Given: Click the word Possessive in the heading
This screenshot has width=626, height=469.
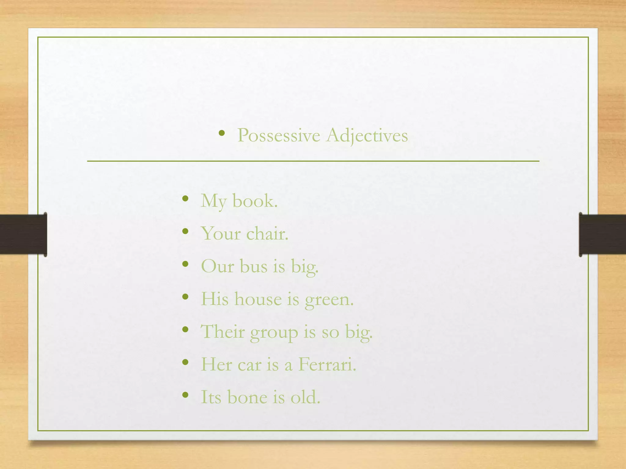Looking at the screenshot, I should pyautogui.click(x=278, y=135).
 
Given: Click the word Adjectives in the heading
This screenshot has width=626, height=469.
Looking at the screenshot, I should pyautogui.click(x=367, y=135).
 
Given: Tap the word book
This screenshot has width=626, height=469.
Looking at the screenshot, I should pyautogui.click(x=255, y=201).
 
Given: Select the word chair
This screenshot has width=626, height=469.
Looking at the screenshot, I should pyautogui.click(x=267, y=234).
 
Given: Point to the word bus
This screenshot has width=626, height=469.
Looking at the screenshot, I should pyautogui.click(x=253, y=266).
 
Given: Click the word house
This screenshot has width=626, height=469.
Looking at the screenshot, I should pyautogui.click(x=258, y=299).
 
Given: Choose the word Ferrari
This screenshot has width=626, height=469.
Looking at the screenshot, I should pyautogui.click(x=327, y=364).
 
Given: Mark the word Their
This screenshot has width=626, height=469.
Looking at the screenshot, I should pyautogui.click(x=223, y=332).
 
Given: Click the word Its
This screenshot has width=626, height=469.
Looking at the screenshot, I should pyautogui.click(x=211, y=397).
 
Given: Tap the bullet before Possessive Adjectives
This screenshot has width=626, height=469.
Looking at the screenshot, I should pyautogui.click(x=222, y=133).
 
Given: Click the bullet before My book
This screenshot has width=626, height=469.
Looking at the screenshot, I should pyautogui.click(x=185, y=199).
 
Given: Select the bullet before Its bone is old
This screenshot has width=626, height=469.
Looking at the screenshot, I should pyautogui.click(x=185, y=395).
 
